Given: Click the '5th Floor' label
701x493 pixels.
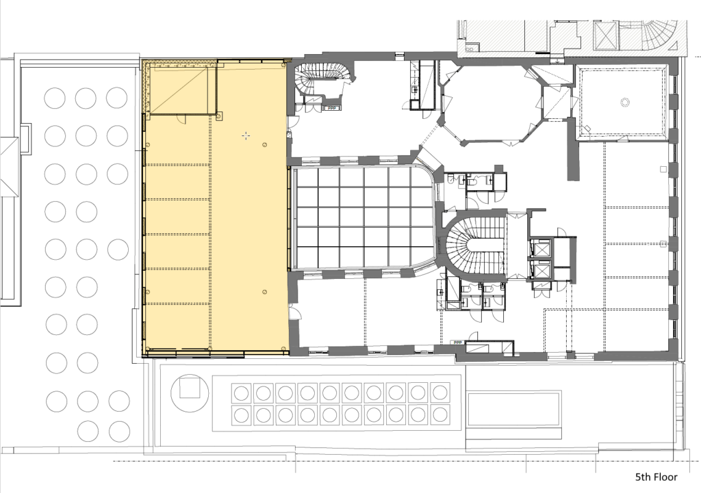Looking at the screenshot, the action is pyautogui.click(x=657, y=477).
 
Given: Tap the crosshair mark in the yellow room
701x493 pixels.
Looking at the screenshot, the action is pyautogui.click(x=246, y=136).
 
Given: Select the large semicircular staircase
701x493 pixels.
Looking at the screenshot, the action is pyautogui.click(x=474, y=246).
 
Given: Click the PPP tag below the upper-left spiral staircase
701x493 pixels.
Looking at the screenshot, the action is pyautogui.click(x=332, y=107).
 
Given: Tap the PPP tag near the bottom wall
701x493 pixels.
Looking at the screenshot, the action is pyautogui.click(x=457, y=343).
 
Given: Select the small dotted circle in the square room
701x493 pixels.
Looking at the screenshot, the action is pyautogui.click(x=624, y=103).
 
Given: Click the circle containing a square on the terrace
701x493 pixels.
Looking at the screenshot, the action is pyautogui.click(x=190, y=393).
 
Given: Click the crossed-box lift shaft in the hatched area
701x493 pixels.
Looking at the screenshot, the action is pyautogui.click(x=607, y=36).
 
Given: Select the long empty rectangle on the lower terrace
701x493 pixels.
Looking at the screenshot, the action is pyautogui.click(x=513, y=409).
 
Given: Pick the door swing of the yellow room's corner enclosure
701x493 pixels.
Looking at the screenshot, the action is pyautogui.click(x=181, y=118).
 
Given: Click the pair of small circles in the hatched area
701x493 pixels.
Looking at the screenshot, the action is pyautogui.click(x=470, y=49).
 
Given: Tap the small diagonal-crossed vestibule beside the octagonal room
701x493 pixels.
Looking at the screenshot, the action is pyautogui.click(x=556, y=102).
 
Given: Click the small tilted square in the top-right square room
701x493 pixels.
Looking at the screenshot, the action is pyautogui.click(x=587, y=129).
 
